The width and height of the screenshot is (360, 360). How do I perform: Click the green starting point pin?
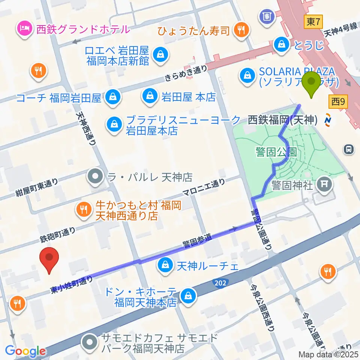(x=311, y=84)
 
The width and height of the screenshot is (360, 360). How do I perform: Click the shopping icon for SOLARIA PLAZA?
(x=247, y=75)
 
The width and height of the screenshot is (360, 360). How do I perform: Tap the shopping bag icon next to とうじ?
(x=281, y=45)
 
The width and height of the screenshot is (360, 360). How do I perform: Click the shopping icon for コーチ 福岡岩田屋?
(x=112, y=98)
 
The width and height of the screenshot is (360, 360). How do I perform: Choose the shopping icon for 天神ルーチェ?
(x=164, y=266)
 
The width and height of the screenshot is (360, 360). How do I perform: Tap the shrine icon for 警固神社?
(x=323, y=184)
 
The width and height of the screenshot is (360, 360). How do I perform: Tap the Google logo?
(x=25, y=351)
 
